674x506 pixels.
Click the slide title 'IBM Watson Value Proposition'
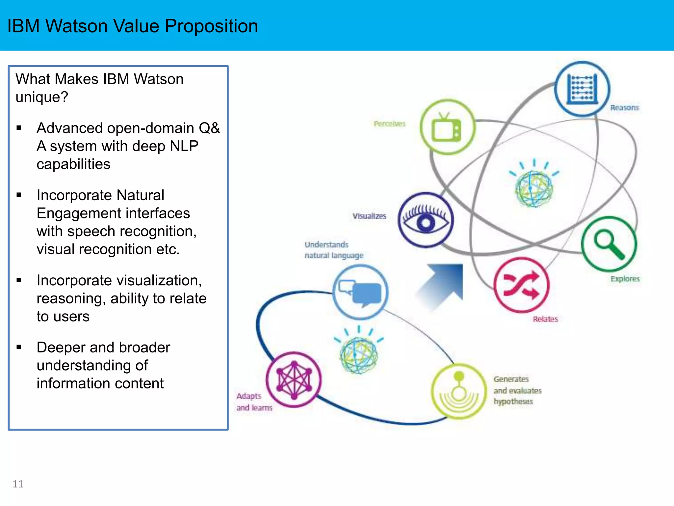point(132,26)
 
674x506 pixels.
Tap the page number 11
point(18,484)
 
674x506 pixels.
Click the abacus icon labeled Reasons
point(582,89)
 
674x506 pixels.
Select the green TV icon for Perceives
point(448,127)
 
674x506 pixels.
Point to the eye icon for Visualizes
point(426,220)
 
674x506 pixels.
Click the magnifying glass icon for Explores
point(609,244)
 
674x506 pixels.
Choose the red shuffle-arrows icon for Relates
point(521,285)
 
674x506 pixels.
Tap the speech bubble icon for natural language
point(361,292)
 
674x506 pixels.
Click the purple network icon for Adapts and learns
point(294,380)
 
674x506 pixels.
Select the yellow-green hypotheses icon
point(459,391)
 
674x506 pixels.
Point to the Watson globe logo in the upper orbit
point(534,188)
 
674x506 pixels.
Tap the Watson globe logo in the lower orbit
point(359,354)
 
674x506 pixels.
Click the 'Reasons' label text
point(624,108)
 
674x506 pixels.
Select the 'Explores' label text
point(625,279)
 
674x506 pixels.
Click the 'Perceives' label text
point(389,124)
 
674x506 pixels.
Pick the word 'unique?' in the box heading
point(42,97)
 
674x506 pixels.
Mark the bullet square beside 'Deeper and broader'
point(19,347)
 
